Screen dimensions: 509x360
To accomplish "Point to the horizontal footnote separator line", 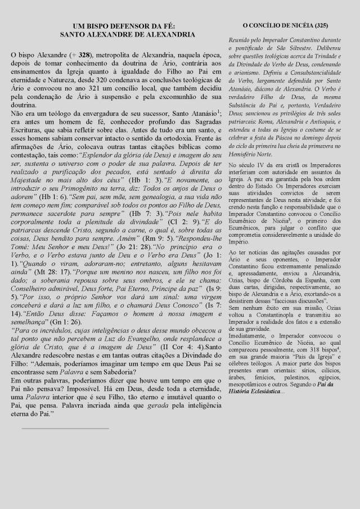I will click(65, 428).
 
